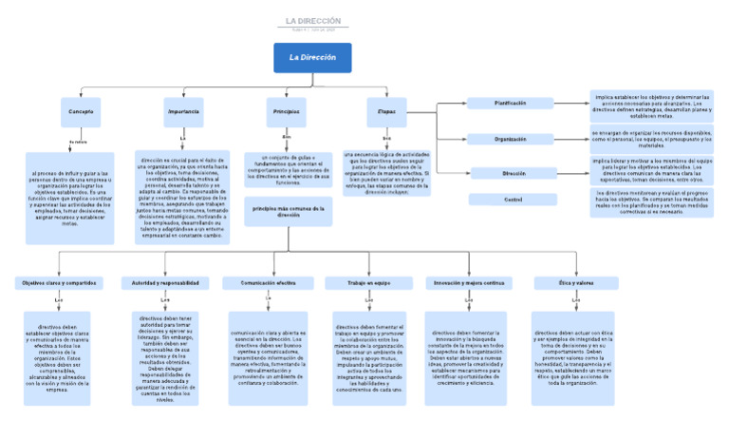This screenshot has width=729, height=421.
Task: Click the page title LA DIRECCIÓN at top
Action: point(312,21)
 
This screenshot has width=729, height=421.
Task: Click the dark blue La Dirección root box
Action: point(312,58)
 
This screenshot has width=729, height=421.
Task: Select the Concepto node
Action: point(81,112)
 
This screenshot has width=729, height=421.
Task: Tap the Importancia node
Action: point(183,112)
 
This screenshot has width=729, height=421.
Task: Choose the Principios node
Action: point(286,112)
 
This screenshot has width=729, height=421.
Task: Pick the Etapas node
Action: point(385,112)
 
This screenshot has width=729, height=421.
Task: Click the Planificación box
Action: point(511,103)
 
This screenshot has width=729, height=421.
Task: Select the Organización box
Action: point(511,139)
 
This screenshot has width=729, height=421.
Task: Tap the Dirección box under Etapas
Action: point(513,174)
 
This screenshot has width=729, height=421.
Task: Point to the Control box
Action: point(513,200)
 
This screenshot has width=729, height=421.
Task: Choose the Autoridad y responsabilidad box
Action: point(165,283)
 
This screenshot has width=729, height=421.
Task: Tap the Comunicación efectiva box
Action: point(268,283)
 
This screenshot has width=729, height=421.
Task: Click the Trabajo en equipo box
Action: point(369,283)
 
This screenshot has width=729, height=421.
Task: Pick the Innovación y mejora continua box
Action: point(469,283)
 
